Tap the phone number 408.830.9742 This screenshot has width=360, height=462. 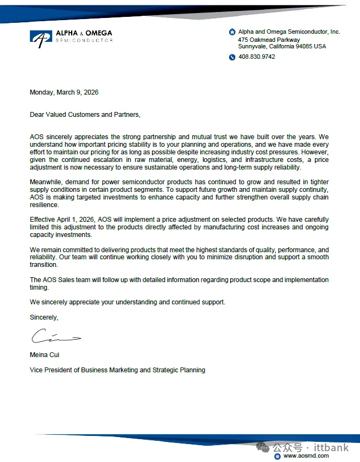[x=257, y=57]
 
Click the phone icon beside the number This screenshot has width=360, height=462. [x=232, y=57]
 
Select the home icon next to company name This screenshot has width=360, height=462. [x=232, y=32]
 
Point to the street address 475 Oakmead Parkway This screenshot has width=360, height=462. [x=269, y=40]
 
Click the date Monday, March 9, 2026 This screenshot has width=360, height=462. [x=64, y=92]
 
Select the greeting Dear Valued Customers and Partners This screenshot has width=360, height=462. [x=85, y=114]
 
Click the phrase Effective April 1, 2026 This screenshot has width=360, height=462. [x=62, y=220]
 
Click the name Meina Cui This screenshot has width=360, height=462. [x=45, y=355]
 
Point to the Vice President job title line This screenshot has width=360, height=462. [x=117, y=370]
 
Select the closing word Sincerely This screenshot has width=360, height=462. [x=44, y=317]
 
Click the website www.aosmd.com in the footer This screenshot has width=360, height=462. [x=306, y=456]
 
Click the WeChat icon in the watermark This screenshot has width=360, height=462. [x=263, y=447]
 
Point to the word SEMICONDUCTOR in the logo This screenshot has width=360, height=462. [x=84, y=41]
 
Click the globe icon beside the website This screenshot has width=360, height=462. [x=277, y=456]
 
